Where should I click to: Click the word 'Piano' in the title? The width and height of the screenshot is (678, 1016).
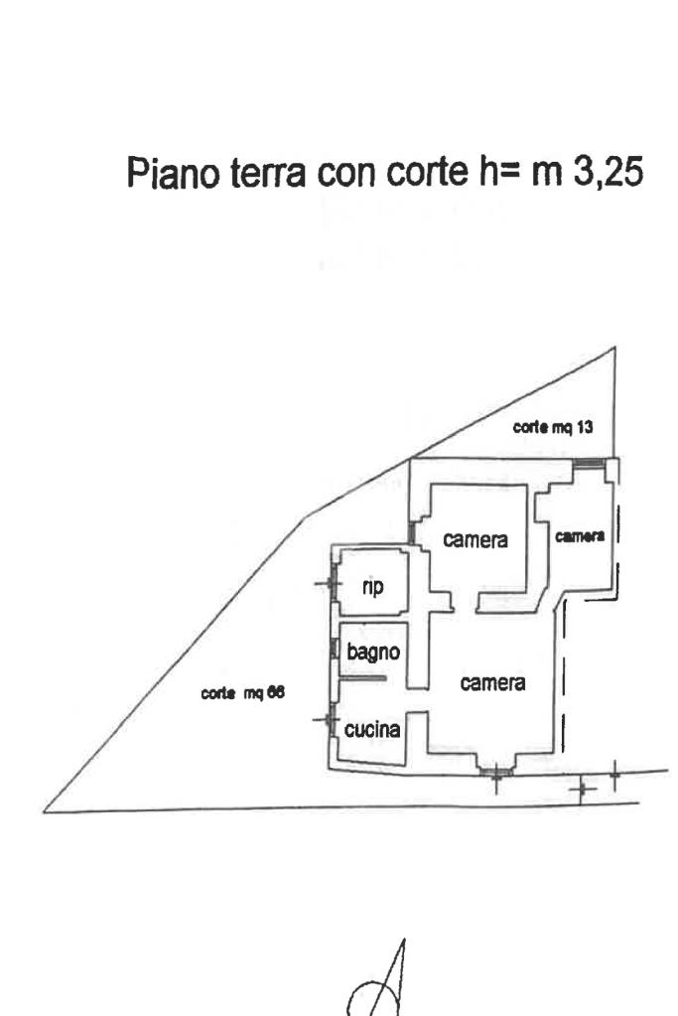pos(173,173)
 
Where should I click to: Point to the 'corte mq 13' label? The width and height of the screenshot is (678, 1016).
pos(552,427)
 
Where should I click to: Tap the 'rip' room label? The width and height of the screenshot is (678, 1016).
pos(372,587)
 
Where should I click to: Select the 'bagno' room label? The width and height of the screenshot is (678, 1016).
pos(373,652)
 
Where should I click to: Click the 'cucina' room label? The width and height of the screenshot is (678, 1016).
pos(371,730)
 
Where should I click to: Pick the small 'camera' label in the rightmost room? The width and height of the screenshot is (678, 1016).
pos(580,536)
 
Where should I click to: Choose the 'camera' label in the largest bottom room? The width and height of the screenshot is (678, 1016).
pos(492,682)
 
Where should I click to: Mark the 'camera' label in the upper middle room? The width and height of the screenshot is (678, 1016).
pos(475,539)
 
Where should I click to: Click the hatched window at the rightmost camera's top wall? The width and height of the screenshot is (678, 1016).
pos(589,463)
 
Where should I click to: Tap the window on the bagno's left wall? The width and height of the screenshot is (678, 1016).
pos(335,649)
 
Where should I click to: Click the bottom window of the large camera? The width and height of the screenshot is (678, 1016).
pos(496,772)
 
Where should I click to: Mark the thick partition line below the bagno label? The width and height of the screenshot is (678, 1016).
pos(363,678)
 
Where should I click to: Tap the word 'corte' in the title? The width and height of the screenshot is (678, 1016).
pos(427,173)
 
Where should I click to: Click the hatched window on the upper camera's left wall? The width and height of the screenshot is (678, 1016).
pos(411,533)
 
